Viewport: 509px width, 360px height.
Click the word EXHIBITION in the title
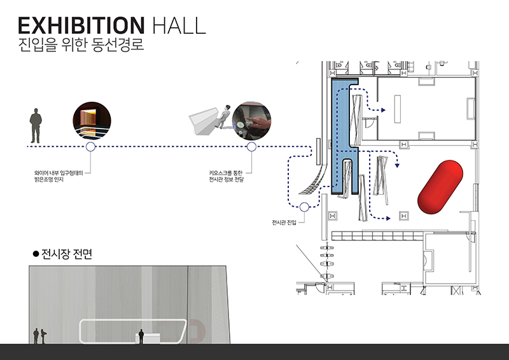[81, 25]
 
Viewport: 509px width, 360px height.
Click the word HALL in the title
[179, 25]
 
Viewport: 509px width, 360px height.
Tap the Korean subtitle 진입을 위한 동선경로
[81, 45]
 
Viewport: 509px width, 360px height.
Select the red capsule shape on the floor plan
[440, 186]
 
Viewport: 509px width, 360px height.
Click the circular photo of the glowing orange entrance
[92, 120]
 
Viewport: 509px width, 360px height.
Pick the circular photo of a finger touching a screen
[251, 121]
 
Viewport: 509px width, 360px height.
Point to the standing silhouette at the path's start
[36, 126]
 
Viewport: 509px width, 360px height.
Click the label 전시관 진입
[284, 223]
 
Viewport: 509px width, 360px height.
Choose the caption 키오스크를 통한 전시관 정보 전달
[227, 176]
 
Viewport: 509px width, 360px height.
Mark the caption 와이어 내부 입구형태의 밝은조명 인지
[59, 176]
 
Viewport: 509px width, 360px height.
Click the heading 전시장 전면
[67, 254]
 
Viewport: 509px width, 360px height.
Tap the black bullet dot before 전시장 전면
[36, 254]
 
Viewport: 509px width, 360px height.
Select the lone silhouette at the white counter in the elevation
[141, 336]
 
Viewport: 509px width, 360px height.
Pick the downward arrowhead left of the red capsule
[397, 165]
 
